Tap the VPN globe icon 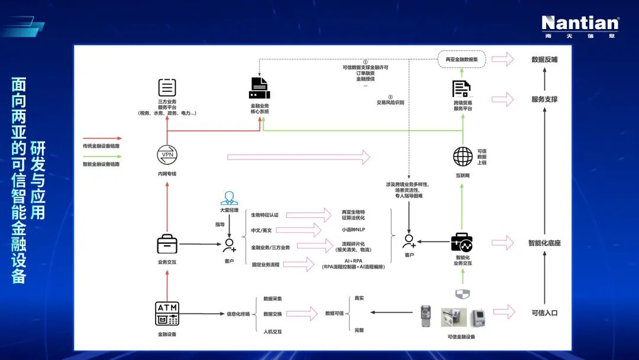point(167,155)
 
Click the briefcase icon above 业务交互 point(167,244)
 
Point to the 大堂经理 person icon point(229,198)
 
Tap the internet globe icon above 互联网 point(463,156)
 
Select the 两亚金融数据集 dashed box point(462,59)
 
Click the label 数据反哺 point(544,60)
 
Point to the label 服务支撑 point(544,99)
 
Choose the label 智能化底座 point(544,243)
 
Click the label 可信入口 point(544,313)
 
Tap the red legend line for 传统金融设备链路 point(102,138)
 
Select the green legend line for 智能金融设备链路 point(102,156)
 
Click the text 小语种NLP point(353,230)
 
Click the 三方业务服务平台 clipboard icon point(167,88)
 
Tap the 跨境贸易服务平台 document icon point(461,89)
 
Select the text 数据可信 point(335,313)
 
